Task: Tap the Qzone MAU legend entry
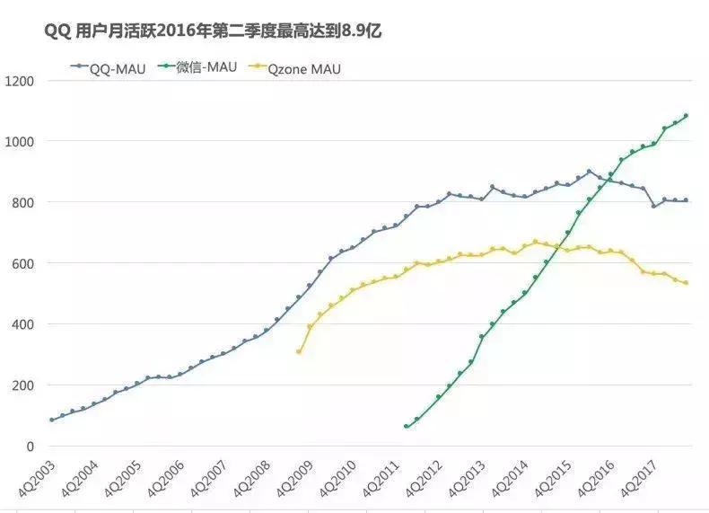tap(303, 67)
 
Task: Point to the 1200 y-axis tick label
tap(19, 81)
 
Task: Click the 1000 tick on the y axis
tap(19, 142)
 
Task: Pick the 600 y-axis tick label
tap(22, 263)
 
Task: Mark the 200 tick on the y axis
tap(22, 385)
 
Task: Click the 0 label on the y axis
tap(30, 447)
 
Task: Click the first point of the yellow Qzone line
tap(299, 351)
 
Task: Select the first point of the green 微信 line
tap(407, 426)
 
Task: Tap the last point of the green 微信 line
tap(687, 116)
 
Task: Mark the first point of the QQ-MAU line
tap(51, 420)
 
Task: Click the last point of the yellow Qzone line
tap(687, 283)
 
